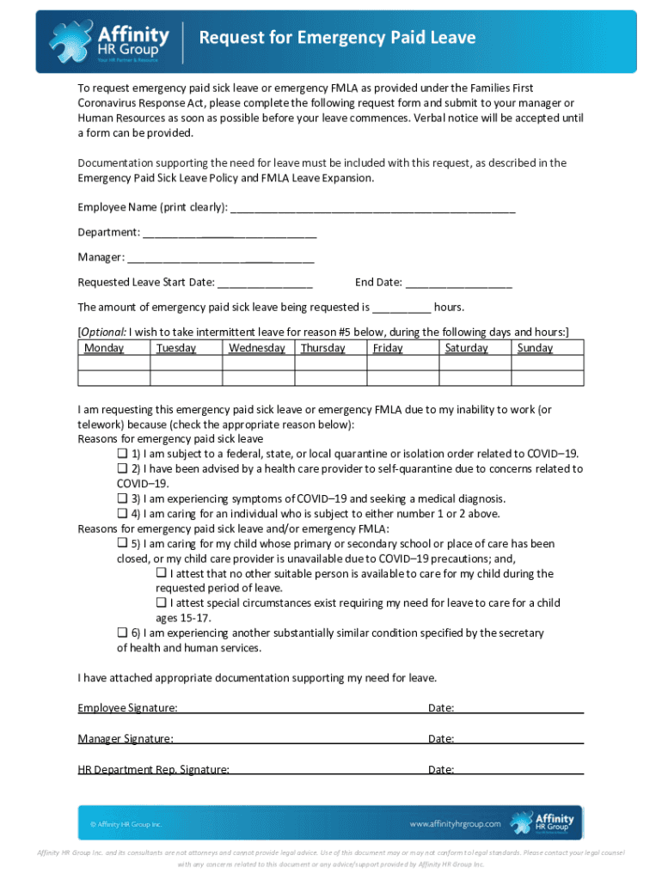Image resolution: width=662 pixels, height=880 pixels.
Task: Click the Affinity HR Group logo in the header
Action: click(109, 41)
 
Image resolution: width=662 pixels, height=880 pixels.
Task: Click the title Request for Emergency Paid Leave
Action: click(337, 38)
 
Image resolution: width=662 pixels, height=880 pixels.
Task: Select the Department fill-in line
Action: click(230, 234)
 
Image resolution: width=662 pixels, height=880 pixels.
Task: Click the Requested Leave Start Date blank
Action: click(265, 284)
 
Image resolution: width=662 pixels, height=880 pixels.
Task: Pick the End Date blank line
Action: click(458, 284)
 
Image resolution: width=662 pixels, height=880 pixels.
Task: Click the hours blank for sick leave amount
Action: click(401, 309)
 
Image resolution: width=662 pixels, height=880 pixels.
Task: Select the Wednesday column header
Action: click(257, 348)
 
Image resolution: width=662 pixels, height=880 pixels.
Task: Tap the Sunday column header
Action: click(535, 348)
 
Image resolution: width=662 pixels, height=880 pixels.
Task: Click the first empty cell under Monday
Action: click(113, 363)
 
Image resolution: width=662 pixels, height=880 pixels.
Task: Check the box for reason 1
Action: click(122, 454)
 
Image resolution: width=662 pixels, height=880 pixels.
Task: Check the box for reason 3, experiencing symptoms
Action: click(122, 498)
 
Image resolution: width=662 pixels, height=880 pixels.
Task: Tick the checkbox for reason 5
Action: click(122, 544)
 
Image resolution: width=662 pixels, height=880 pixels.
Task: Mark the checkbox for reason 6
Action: click(122, 633)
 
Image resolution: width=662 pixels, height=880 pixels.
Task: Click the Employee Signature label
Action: click(128, 708)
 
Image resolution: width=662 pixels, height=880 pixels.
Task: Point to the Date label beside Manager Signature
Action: click(441, 739)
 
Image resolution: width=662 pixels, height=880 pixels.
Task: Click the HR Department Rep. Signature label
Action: click(154, 770)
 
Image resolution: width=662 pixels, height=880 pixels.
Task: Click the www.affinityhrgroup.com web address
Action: click(455, 824)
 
